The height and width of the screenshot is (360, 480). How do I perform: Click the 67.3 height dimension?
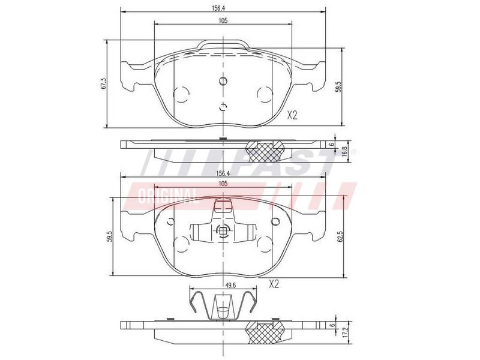(x=104, y=83)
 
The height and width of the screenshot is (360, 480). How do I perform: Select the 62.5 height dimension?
(x=340, y=236)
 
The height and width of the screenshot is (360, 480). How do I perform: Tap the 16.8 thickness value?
(x=344, y=152)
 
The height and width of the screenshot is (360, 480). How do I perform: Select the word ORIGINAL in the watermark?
(x=167, y=196)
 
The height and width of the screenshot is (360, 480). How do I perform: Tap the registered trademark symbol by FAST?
(x=353, y=152)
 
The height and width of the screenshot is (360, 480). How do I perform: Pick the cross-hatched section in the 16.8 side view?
(x=265, y=151)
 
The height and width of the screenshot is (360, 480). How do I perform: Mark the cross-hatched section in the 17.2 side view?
(x=265, y=333)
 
